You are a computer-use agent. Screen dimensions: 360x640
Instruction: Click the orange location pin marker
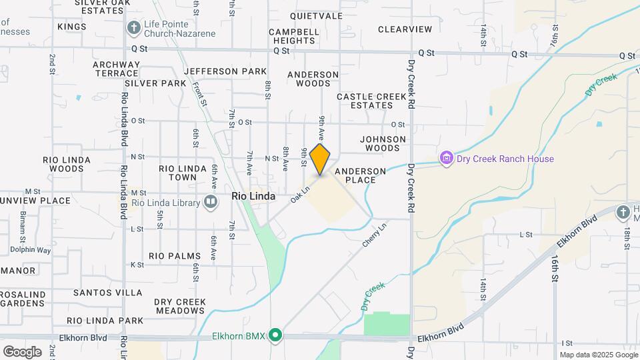(320, 159)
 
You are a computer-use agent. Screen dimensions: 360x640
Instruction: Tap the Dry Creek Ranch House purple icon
(446, 159)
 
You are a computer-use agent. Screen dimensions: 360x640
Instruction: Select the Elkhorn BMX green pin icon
(275, 335)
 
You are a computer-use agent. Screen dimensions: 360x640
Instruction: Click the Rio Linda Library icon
(211, 202)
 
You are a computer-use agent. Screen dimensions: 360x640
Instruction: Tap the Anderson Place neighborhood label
(360, 175)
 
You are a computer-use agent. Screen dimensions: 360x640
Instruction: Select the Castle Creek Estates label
(371, 101)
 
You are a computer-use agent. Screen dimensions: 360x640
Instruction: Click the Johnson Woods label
(383, 143)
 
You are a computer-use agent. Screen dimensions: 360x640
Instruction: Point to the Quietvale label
(316, 16)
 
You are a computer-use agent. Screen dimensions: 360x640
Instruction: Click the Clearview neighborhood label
(405, 29)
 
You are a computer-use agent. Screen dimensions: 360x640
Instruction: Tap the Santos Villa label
(107, 292)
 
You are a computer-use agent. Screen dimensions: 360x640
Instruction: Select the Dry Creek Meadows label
(180, 306)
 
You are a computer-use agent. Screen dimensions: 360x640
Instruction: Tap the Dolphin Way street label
(30, 250)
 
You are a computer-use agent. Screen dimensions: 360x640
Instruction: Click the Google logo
(22, 351)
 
